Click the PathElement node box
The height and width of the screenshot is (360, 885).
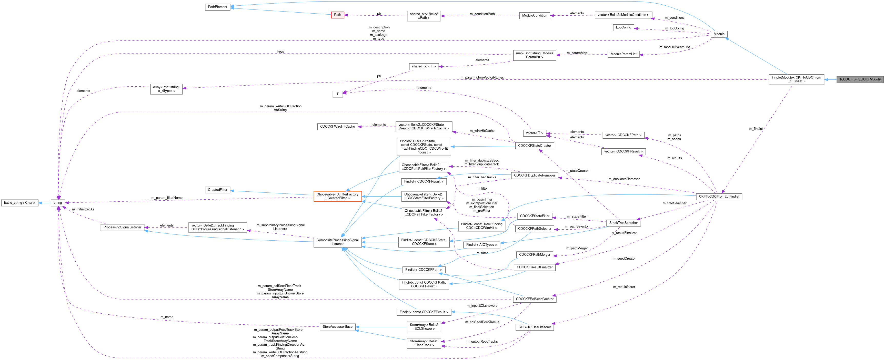(217, 7)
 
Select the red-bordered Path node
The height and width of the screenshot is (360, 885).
(337, 15)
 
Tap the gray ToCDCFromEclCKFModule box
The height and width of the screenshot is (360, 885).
(860, 79)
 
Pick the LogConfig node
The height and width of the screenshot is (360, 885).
(623, 27)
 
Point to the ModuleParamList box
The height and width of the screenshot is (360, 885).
(623, 54)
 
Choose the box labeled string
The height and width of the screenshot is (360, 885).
(58, 203)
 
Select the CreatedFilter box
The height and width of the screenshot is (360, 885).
(217, 190)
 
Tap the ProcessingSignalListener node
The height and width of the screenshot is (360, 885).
(122, 228)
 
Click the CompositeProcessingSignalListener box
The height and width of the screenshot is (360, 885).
(337, 242)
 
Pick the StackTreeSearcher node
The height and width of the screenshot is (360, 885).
(623, 223)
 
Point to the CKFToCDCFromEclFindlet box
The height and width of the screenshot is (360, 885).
(719, 197)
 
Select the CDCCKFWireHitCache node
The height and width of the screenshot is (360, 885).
(337, 126)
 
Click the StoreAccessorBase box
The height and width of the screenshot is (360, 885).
(337, 327)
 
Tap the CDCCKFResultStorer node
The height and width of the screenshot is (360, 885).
(534, 327)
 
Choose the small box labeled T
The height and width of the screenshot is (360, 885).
(337, 94)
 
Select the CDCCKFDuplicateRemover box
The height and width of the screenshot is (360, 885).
(534, 176)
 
